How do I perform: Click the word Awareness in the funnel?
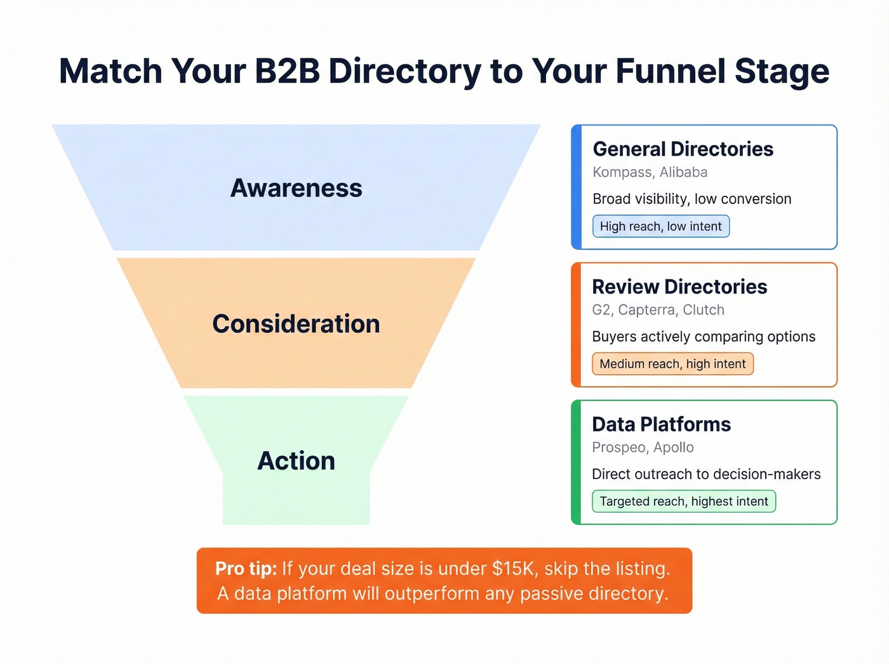(x=296, y=188)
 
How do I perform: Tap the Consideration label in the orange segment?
(x=296, y=324)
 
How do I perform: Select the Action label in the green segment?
(x=296, y=461)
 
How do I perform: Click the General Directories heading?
(x=683, y=149)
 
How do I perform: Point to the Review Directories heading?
(x=679, y=287)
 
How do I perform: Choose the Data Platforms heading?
(x=661, y=424)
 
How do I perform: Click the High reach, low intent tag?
(x=660, y=226)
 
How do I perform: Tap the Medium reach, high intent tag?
(x=672, y=364)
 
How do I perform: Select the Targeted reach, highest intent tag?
(x=683, y=501)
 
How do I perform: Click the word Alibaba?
(x=683, y=172)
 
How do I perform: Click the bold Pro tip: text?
(x=246, y=568)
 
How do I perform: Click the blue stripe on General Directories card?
(x=576, y=187)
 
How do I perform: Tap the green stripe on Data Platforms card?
(x=576, y=462)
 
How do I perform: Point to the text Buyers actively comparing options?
(x=704, y=337)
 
